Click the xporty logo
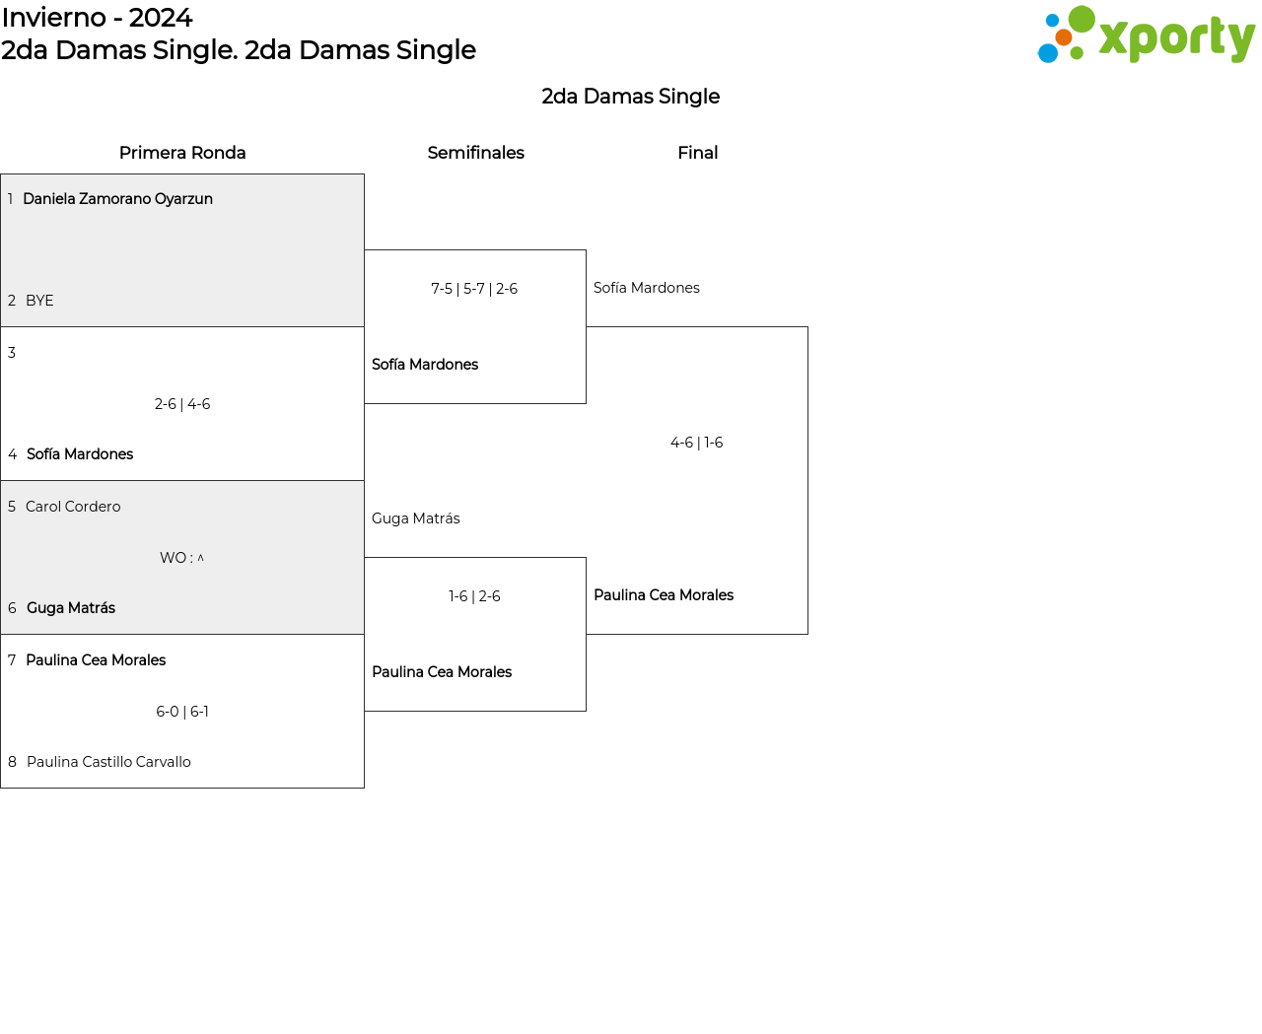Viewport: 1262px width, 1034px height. (x=1146, y=35)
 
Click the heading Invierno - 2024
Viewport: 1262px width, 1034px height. (x=97, y=18)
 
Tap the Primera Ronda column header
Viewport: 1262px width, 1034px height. (x=182, y=153)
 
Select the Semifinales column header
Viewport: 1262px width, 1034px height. (x=475, y=153)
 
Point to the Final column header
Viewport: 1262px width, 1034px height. (x=697, y=153)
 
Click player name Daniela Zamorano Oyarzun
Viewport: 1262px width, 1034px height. (x=117, y=199)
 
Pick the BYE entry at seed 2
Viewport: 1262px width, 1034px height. (x=39, y=301)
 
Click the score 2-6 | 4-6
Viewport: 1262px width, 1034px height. (x=182, y=404)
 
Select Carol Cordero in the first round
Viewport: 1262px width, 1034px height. (x=73, y=507)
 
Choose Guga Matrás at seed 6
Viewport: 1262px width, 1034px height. (x=71, y=608)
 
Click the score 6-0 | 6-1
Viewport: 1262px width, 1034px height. (x=182, y=712)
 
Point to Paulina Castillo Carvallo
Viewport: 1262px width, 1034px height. (x=108, y=762)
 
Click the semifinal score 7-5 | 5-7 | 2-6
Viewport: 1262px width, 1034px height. (x=474, y=289)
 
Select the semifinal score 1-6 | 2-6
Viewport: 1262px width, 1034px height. (x=474, y=596)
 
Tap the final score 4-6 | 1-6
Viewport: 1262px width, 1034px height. (x=697, y=443)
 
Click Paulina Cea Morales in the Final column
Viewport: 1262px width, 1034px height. (x=664, y=595)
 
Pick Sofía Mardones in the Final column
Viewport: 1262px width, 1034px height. (x=647, y=288)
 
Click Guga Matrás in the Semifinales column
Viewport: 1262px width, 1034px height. (x=416, y=518)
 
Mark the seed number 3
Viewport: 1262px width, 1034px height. (x=12, y=353)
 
